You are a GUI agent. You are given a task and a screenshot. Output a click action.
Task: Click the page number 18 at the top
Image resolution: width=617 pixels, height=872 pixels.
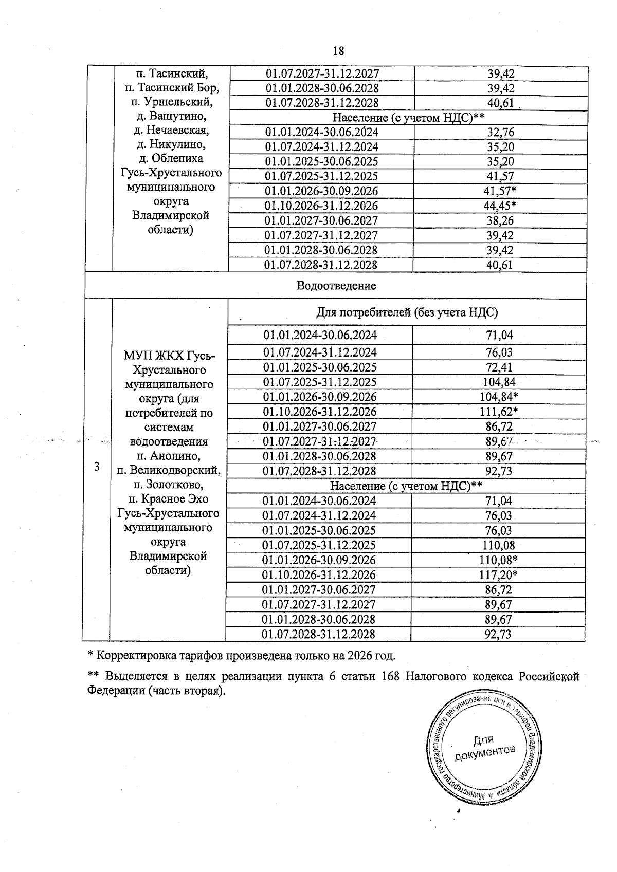[338, 51]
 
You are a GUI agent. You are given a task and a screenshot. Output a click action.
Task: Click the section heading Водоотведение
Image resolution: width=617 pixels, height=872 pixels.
[336, 286]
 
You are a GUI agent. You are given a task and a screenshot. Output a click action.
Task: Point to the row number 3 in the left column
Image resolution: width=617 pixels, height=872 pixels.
[96, 467]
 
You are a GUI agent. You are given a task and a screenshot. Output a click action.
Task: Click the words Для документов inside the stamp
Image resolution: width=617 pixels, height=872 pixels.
[484, 747]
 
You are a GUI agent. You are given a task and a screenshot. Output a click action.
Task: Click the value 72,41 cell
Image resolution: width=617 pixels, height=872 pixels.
[499, 367]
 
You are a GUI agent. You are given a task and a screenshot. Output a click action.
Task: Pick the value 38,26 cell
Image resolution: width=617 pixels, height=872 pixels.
[500, 221]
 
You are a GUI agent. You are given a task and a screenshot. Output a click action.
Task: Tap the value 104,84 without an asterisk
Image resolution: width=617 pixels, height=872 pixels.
[499, 382]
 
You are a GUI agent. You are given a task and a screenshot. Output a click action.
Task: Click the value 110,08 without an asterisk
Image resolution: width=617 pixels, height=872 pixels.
[498, 545]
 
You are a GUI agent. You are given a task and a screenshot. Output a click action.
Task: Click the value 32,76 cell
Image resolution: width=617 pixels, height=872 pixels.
[500, 132]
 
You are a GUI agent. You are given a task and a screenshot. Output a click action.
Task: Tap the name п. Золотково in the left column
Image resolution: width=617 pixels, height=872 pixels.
[168, 484]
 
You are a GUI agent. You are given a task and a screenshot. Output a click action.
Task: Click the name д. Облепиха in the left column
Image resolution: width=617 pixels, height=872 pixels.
[170, 158]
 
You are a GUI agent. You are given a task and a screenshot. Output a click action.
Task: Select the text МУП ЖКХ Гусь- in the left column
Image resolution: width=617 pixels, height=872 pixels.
[170, 356]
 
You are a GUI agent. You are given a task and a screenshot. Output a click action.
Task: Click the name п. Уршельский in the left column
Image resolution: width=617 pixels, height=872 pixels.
[170, 102]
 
